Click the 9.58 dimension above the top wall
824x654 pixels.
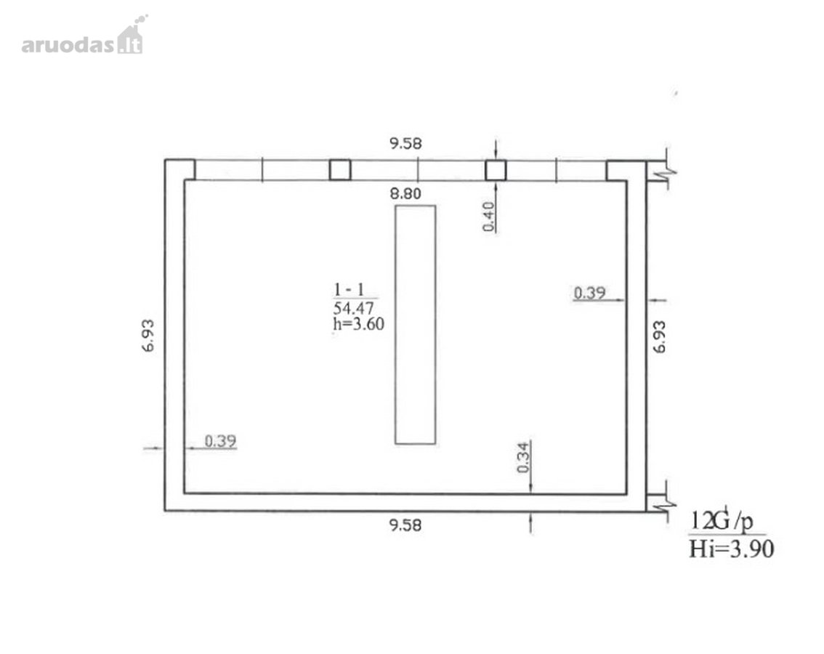405,144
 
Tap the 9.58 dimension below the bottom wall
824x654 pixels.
405,525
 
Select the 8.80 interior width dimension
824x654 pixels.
405,194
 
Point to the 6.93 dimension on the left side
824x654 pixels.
149,336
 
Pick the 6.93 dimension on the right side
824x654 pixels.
659,336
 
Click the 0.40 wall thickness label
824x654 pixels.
489,217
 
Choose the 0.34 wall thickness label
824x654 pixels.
523,457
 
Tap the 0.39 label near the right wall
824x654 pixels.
589,293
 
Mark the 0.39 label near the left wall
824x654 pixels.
220,441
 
